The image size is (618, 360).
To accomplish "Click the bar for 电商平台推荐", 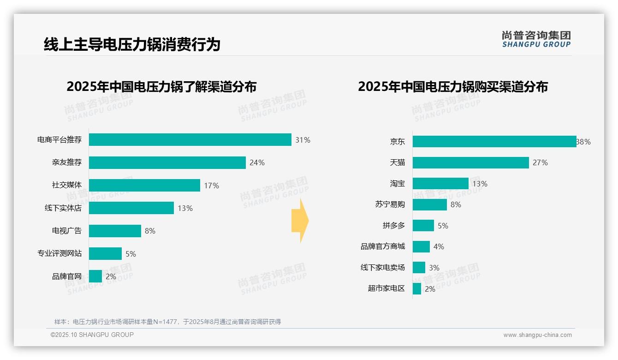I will (x=190, y=140).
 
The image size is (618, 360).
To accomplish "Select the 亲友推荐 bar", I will (x=167, y=162).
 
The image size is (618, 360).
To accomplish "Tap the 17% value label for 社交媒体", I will (x=211, y=186).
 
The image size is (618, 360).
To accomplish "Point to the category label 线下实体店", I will (x=63, y=208).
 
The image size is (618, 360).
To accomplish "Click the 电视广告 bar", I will (x=115, y=231).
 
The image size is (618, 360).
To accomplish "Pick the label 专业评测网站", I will (x=59, y=253).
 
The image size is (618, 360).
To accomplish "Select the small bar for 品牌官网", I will (x=95, y=276).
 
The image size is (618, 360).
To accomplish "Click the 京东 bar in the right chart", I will (x=494, y=142).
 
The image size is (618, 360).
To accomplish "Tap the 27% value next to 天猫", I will (x=540, y=162).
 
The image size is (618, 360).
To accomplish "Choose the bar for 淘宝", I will (x=440, y=184).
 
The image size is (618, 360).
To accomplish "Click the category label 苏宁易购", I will (x=390, y=204).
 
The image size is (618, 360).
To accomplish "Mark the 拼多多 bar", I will (x=423, y=226).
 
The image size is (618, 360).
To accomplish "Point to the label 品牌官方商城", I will (x=382, y=246).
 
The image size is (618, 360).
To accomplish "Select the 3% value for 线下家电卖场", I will (x=434, y=268).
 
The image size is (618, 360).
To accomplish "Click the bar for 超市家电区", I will (x=417, y=289).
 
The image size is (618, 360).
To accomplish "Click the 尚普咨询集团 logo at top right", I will (x=536, y=39).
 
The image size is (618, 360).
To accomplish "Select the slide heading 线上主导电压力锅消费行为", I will (x=132, y=44).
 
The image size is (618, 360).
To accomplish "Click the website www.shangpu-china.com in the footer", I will (x=537, y=335).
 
